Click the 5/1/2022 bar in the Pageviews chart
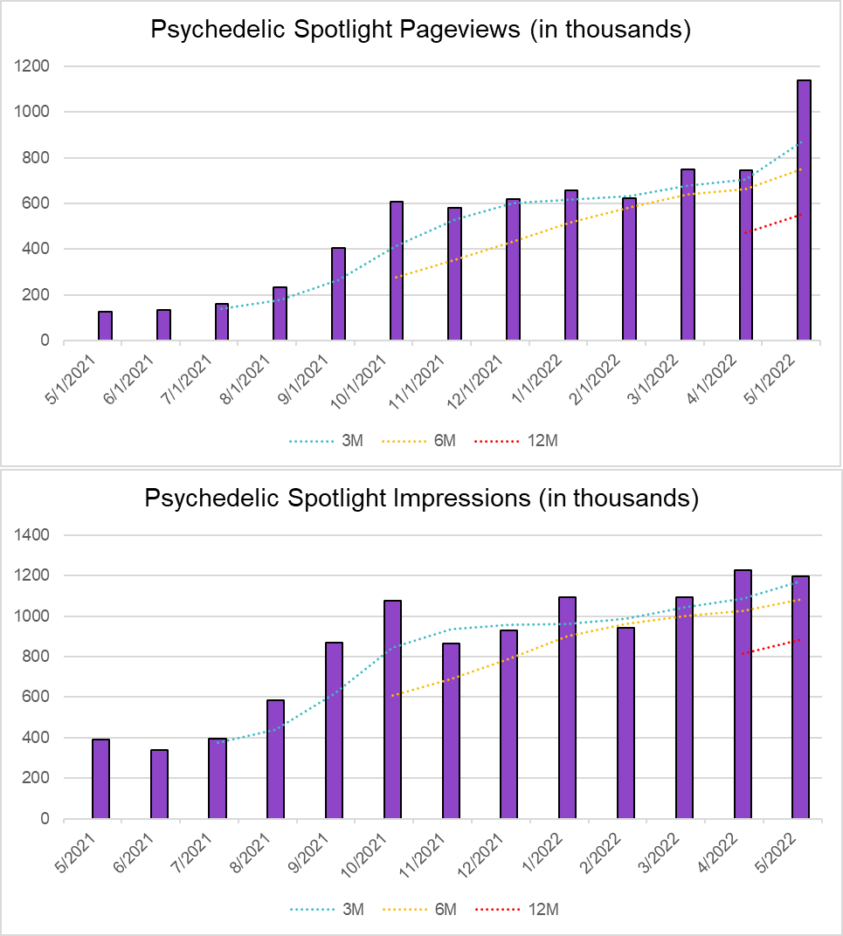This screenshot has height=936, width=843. (804, 210)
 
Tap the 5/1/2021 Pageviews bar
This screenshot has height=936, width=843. (105, 326)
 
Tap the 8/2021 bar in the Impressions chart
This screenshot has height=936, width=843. (275, 759)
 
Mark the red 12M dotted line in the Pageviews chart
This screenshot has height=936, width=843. (773, 223)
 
